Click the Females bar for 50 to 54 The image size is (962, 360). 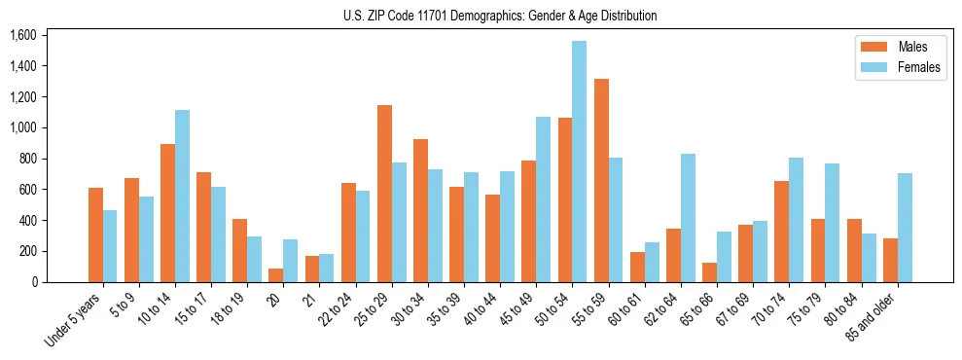tap(580, 162)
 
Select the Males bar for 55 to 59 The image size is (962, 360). tap(601, 180)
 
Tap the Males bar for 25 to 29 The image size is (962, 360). tap(384, 194)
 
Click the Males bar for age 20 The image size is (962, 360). tap(276, 275)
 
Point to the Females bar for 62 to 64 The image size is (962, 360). tap(688, 218)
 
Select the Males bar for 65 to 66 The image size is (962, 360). tap(709, 272)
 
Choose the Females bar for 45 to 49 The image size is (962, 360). tap(543, 199)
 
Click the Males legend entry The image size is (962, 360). tap(912, 47)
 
